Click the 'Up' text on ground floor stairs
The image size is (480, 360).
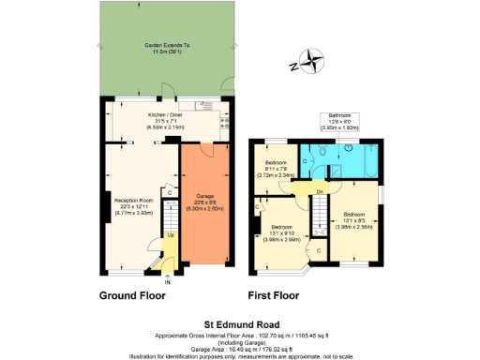pos(170,235)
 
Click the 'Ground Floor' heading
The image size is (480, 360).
pos(132,294)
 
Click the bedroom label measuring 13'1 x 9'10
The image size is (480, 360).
pos(284,232)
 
